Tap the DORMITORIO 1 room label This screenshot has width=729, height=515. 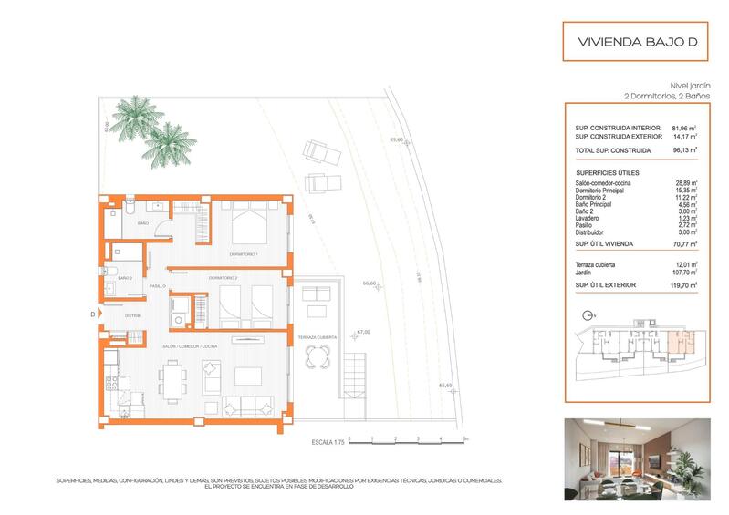[x=243, y=254]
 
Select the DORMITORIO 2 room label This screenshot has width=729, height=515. [x=223, y=277]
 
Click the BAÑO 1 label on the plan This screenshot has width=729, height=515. [x=143, y=223]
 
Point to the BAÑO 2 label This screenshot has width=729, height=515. [x=125, y=277]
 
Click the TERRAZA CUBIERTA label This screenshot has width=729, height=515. [x=317, y=337]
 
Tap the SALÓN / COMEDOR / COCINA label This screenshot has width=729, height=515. [x=190, y=347]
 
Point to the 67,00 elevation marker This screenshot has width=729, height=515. [x=363, y=333]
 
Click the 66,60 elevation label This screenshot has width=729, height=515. [x=370, y=283]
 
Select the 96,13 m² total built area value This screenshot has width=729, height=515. [x=685, y=149]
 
